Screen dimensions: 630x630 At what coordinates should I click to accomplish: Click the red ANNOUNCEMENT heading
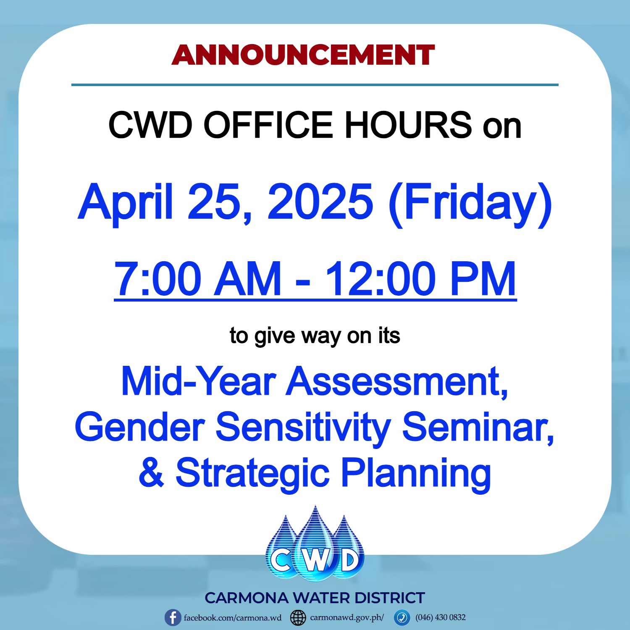click(303, 55)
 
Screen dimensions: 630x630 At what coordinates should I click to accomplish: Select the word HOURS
click(408, 125)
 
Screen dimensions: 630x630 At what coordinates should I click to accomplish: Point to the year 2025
click(320, 201)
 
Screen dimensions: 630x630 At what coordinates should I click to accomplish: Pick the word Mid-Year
click(198, 381)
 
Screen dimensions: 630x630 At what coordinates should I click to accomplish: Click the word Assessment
click(397, 381)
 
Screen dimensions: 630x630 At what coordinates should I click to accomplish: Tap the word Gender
click(140, 427)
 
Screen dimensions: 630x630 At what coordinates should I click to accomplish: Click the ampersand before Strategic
click(151, 472)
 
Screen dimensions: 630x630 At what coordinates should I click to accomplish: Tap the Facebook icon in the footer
click(173, 618)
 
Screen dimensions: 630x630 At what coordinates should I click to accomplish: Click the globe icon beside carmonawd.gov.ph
click(298, 618)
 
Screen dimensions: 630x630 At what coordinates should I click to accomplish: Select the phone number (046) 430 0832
click(441, 617)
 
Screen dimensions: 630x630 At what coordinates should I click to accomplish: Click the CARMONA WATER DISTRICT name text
click(315, 598)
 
